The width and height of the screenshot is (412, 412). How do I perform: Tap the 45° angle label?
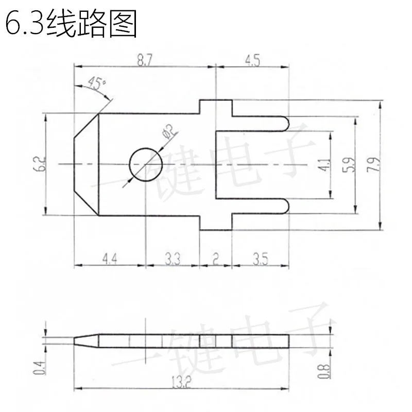[96, 83]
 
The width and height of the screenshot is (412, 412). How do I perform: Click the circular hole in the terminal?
[146, 165]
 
